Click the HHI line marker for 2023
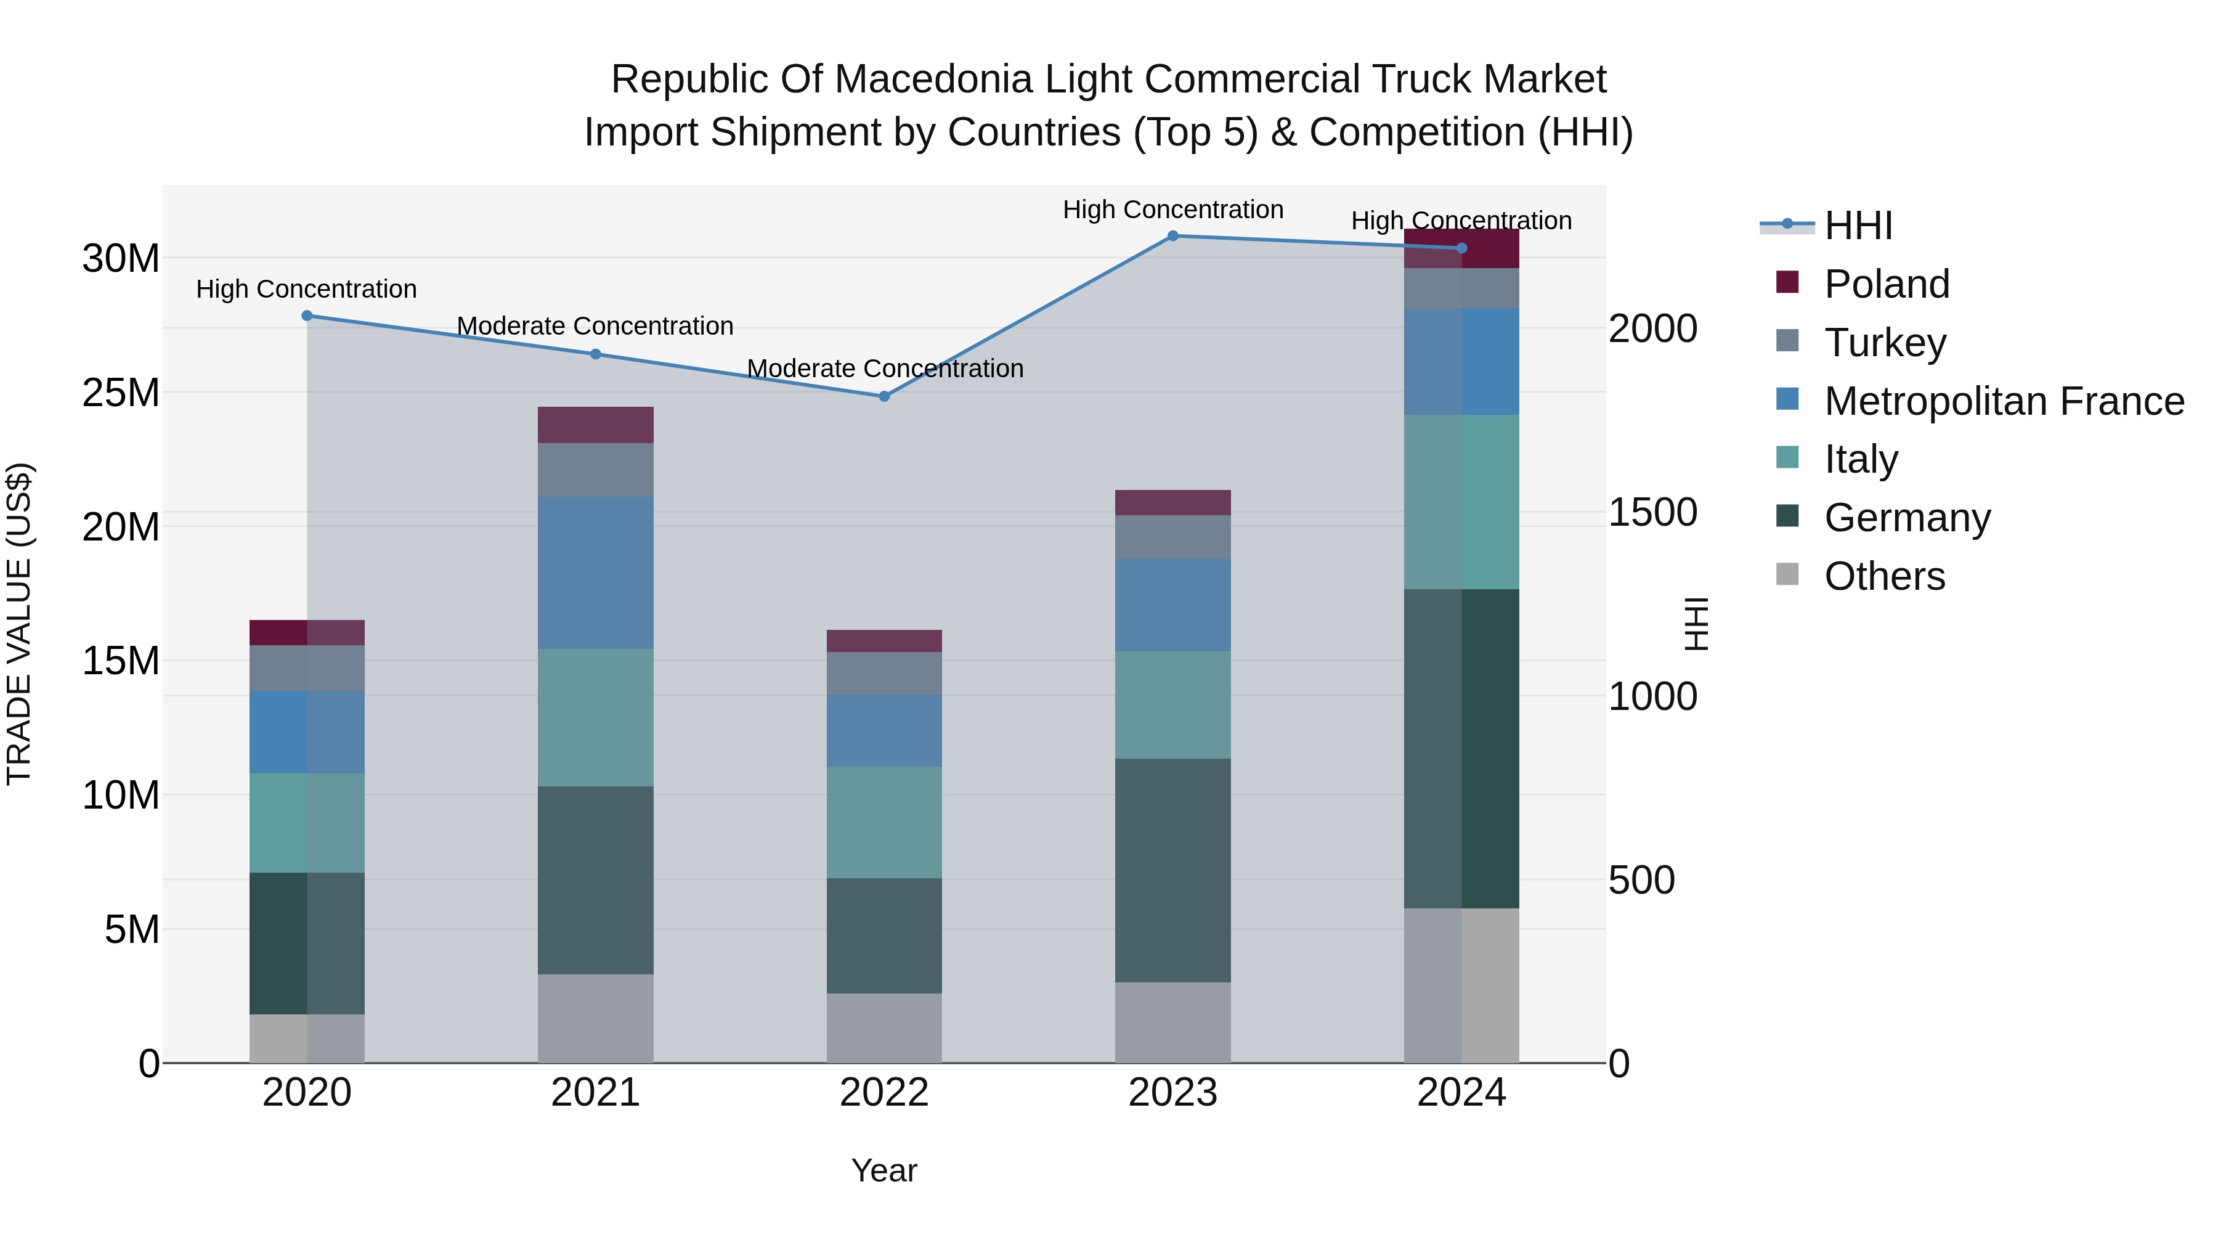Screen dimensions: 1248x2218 coord(1172,236)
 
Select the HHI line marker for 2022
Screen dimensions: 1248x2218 coord(884,396)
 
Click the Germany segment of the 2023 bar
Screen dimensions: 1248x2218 coord(1172,870)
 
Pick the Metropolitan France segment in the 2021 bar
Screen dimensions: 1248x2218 coord(596,573)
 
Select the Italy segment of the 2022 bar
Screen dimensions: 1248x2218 coord(884,823)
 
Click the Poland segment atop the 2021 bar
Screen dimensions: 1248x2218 coord(596,425)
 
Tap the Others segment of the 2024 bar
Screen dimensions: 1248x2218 coord(1461,985)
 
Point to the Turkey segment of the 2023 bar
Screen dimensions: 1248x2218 coord(1172,537)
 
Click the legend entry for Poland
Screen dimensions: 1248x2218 coord(1886,284)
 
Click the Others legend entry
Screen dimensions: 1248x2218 coord(1884,576)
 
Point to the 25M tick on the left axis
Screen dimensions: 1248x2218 coord(121,393)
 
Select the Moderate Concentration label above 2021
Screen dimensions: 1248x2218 coord(595,327)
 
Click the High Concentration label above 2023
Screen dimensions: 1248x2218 coord(1172,210)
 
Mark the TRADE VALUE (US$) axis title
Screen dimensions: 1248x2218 coord(19,624)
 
